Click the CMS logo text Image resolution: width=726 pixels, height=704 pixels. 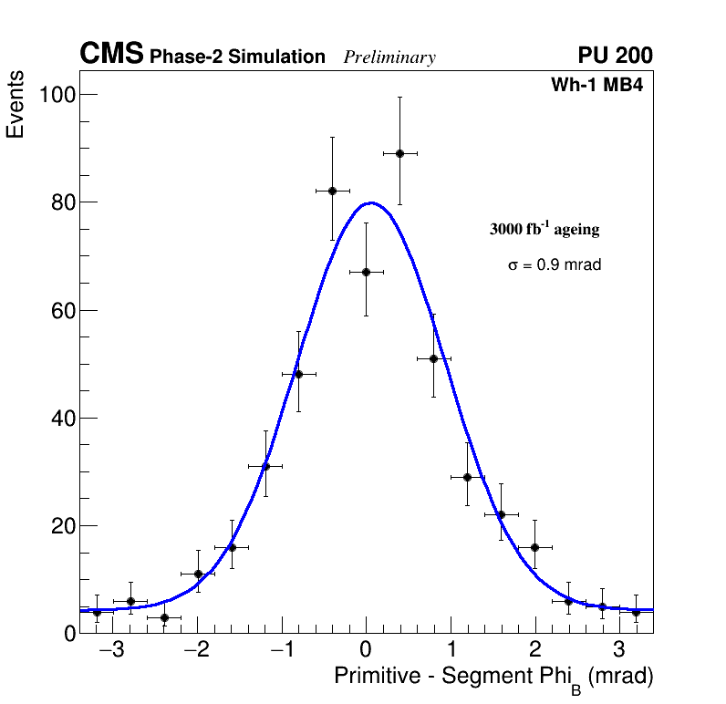pos(111,55)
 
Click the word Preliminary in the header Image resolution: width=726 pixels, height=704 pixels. pos(389,57)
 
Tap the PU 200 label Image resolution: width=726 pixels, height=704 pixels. pos(615,56)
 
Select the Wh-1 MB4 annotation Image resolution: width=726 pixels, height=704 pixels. pos(597,86)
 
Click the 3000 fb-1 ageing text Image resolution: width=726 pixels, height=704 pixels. pos(544,230)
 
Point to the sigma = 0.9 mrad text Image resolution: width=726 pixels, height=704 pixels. pos(555,265)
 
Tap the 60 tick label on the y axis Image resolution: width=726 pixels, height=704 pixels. pos(61,310)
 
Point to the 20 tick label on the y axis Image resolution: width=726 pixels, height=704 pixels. pos(61,526)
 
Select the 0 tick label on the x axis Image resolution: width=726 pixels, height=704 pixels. pos(366,651)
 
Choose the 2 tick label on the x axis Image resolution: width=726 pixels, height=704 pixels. pos(534,651)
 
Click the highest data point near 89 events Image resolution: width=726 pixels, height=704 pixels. pos(399,153)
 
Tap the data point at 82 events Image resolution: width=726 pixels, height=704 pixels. pos(332,191)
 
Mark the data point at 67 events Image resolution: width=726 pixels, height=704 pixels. pos(366,272)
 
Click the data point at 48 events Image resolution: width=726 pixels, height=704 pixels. pos(298,374)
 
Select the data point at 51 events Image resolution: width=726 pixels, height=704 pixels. pos(433,358)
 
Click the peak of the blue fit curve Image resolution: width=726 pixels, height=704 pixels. pos(370,202)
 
